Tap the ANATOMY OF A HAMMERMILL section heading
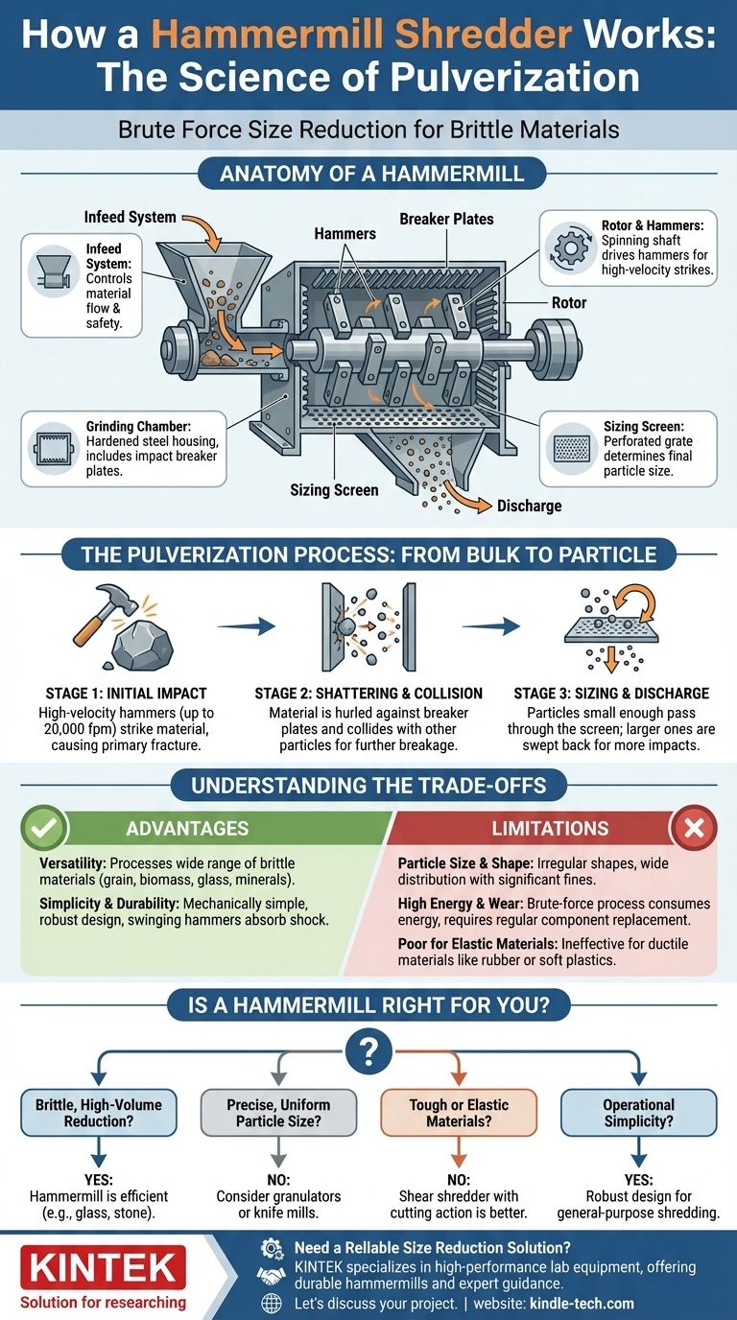tap(368, 175)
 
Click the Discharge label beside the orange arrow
tap(529, 506)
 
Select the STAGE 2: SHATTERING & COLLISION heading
tap(368, 693)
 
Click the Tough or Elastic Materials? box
tap(459, 1113)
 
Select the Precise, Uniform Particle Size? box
tap(278, 1113)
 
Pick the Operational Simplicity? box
tap(638, 1113)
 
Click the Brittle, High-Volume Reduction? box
tap(98, 1113)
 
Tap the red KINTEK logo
tap(103, 1267)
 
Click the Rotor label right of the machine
tap(569, 301)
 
